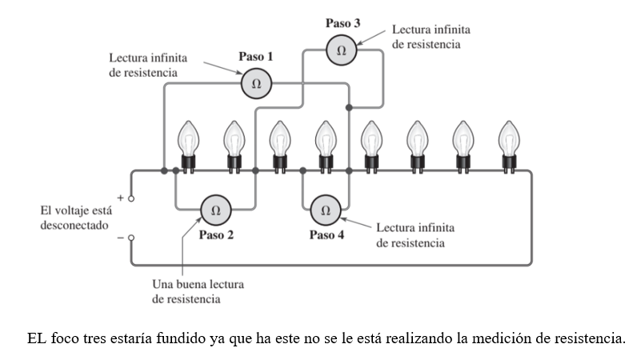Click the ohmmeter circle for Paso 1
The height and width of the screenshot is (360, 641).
click(257, 83)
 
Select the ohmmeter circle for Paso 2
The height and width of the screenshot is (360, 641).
click(215, 210)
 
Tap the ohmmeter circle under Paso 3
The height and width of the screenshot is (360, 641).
click(342, 50)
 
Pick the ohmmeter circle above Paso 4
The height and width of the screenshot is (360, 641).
click(325, 210)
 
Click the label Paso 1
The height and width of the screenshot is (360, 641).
click(256, 58)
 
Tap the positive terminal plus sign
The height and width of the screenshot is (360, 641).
click(121, 196)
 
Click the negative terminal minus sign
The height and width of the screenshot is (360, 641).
click(121, 238)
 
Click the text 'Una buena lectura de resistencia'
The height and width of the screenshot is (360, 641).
click(198, 291)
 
